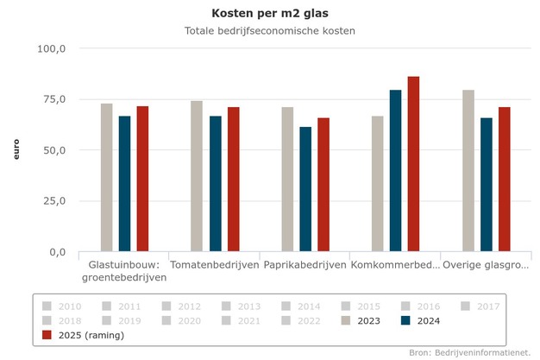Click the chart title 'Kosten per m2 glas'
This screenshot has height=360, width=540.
270,13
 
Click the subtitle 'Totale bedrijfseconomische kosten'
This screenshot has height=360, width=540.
270,31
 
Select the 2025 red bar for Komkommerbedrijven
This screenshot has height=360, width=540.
413,164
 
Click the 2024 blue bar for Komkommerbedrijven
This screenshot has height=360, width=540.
395,171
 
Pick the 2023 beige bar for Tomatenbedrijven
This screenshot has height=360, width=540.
197,176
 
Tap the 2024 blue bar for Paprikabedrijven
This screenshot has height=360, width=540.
305,189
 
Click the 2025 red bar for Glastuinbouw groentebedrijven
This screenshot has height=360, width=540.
142,179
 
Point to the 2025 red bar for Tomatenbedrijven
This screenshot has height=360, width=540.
233,180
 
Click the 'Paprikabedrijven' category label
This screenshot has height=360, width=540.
305,264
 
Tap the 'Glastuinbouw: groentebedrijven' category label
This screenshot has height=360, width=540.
124,270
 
